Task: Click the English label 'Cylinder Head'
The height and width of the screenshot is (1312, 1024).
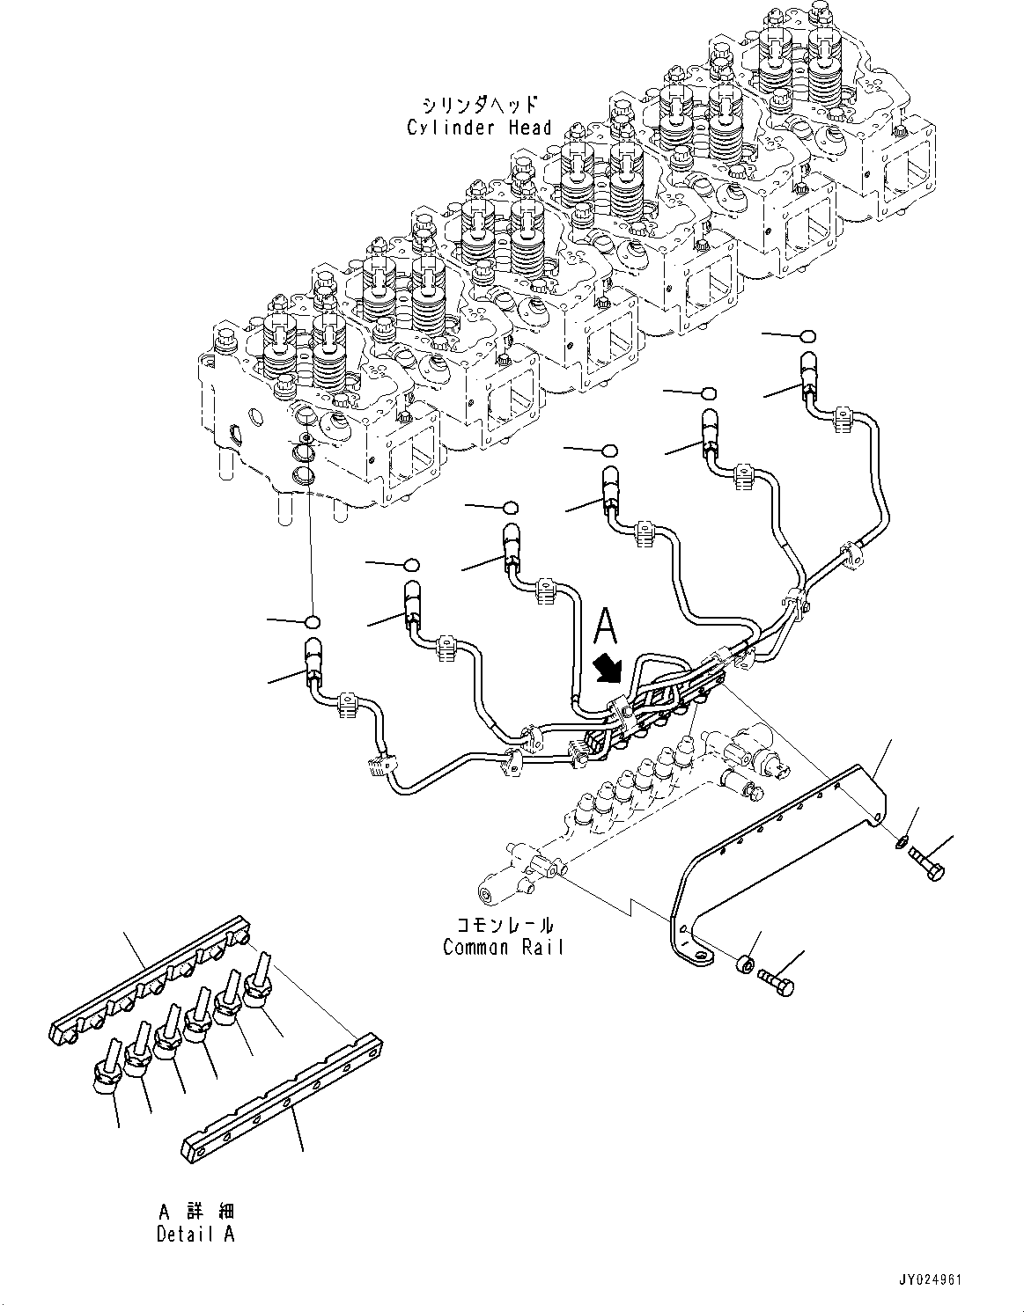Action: (x=479, y=128)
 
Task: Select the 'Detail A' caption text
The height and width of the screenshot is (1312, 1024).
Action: (x=195, y=1234)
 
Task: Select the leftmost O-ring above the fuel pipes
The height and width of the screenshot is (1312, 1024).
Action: (x=311, y=623)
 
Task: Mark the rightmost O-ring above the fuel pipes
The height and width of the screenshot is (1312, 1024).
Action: (x=807, y=335)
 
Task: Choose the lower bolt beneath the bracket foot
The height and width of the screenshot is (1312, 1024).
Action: (x=775, y=979)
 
